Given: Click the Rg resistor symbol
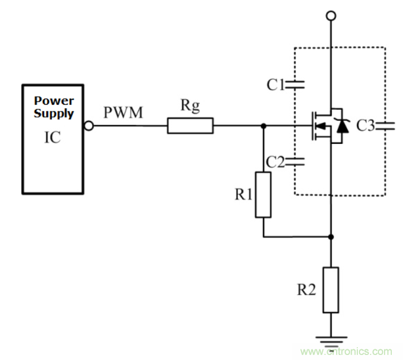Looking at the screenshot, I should [190, 126].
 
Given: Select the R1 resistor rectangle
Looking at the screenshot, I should [263, 194].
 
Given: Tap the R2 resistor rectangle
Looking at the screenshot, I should [331, 290].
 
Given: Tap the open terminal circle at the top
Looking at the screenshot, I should [331, 16].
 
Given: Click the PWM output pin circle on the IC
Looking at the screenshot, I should [88, 126].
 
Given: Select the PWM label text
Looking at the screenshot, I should [123, 113].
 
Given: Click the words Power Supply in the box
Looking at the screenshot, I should [54, 107].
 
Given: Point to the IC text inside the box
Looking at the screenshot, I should [52, 137].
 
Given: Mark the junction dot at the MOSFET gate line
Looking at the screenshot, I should [264, 126].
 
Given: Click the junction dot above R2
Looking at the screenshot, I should [331, 237].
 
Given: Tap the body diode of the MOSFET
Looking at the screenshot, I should [343, 127].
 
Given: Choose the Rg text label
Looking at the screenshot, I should [190, 106].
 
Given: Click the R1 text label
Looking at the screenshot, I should [244, 194].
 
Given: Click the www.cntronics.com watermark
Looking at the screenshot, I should [346, 352].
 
